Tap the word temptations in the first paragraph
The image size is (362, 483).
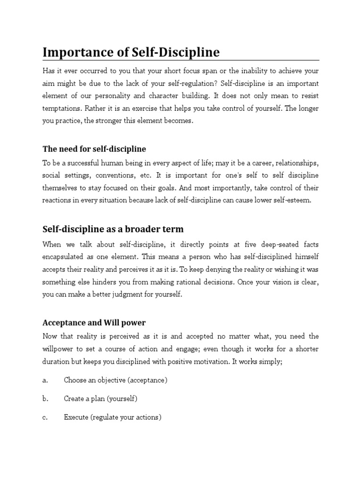(61, 108)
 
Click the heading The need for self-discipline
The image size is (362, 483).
(94, 149)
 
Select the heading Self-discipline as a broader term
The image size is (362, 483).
(113, 229)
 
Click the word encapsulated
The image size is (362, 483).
(65, 257)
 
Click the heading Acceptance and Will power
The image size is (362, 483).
(94, 323)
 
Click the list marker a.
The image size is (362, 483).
(45, 380)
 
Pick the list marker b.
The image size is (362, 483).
(45, 399)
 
